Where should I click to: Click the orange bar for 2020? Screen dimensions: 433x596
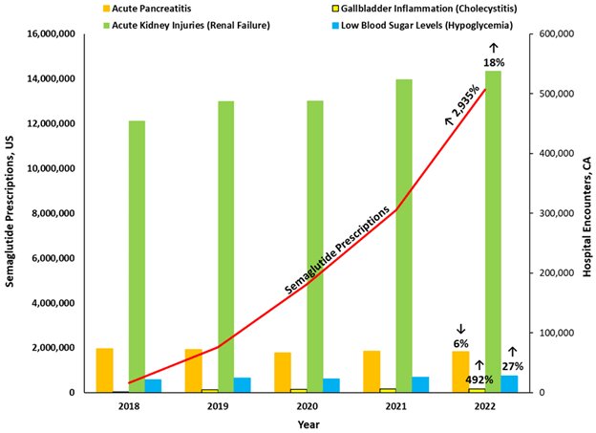point(283,372)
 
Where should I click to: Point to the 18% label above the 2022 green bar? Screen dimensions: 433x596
point(493,62)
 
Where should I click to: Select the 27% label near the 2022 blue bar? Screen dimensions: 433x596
point(512,366)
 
